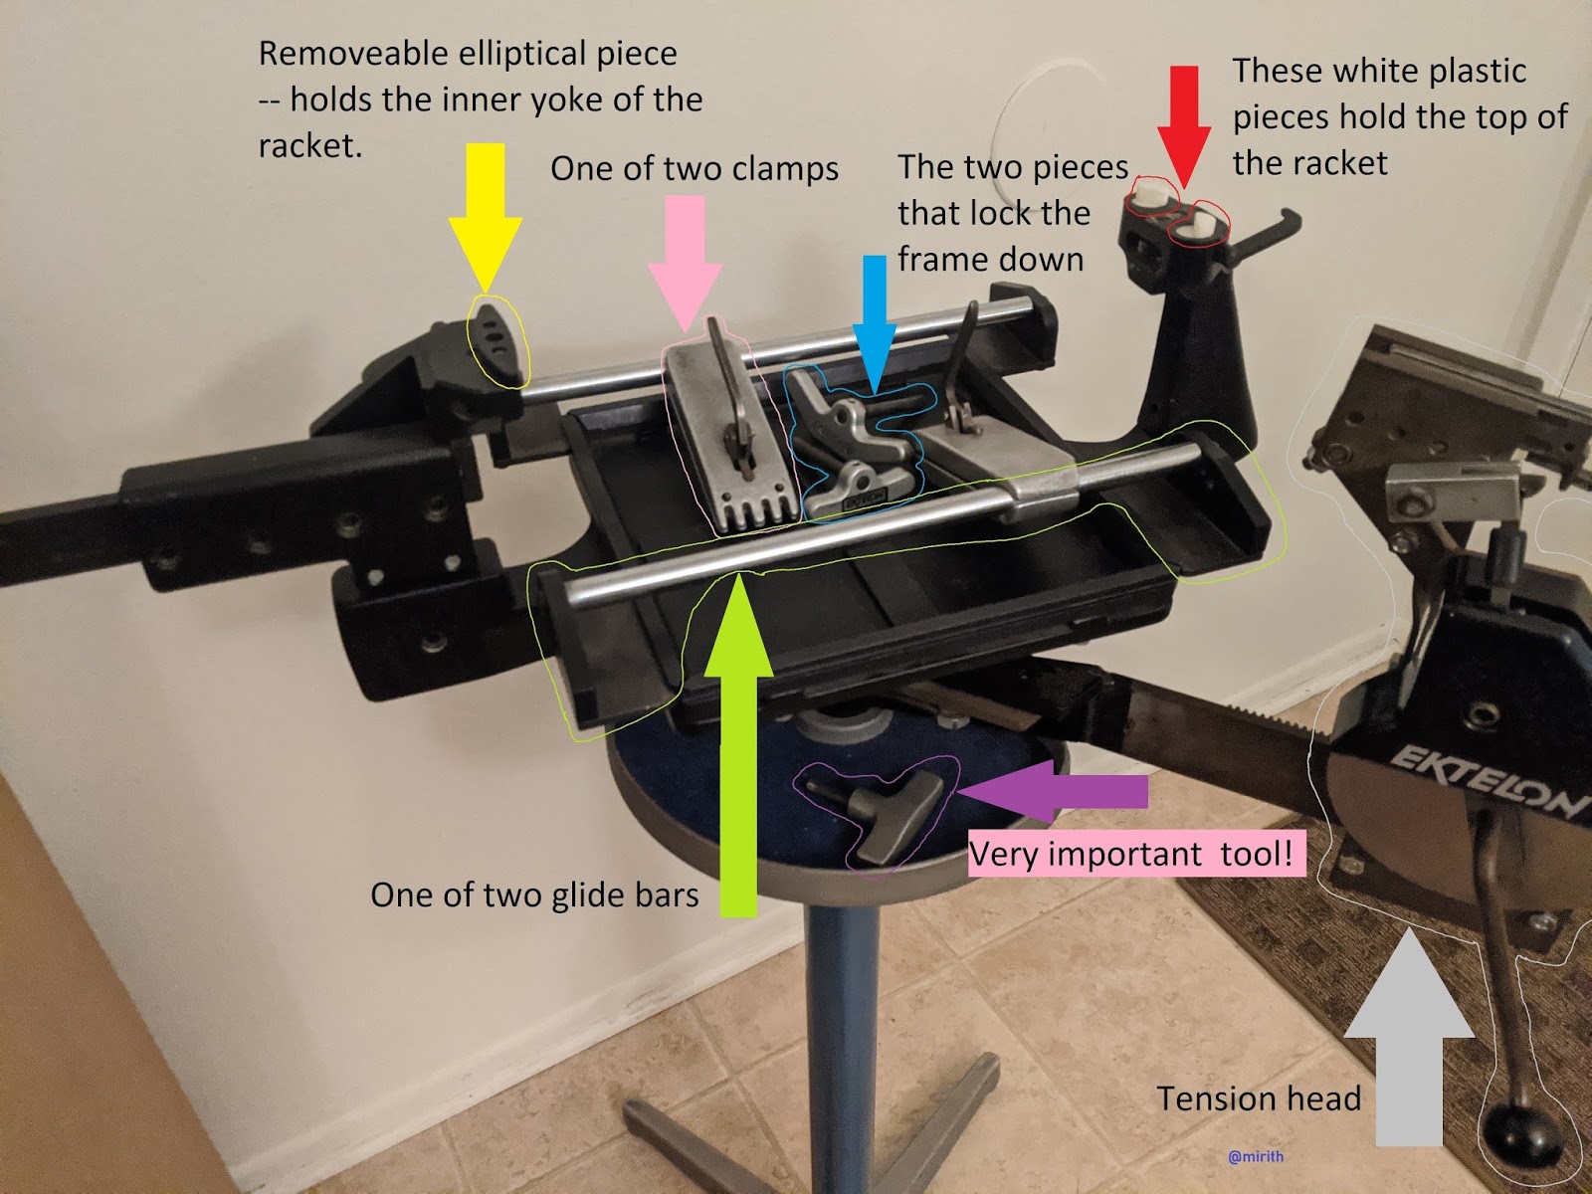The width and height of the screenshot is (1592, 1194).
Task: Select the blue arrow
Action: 874,323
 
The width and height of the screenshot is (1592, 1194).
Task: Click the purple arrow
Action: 1052,792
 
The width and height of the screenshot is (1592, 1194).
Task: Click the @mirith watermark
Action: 1256,1156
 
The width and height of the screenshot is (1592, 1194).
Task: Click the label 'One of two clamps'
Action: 695,169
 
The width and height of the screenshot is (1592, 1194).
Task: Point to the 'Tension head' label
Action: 1259,1099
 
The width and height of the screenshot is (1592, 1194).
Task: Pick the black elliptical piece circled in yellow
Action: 497,342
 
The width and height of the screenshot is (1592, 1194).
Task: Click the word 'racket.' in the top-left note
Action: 310,145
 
